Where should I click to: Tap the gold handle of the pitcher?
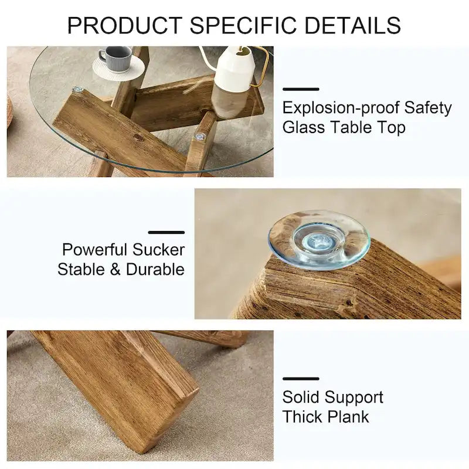point(263,67)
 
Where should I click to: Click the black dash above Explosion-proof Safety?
point(301,89)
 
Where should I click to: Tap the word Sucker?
point(158,250)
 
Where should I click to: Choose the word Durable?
point(153,269)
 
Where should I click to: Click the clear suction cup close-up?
point(319,239)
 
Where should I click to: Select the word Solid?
point(300,397)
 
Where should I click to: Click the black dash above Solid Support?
point(301,379)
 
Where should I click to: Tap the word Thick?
point(301,417)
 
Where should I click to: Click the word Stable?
point(81,269)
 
